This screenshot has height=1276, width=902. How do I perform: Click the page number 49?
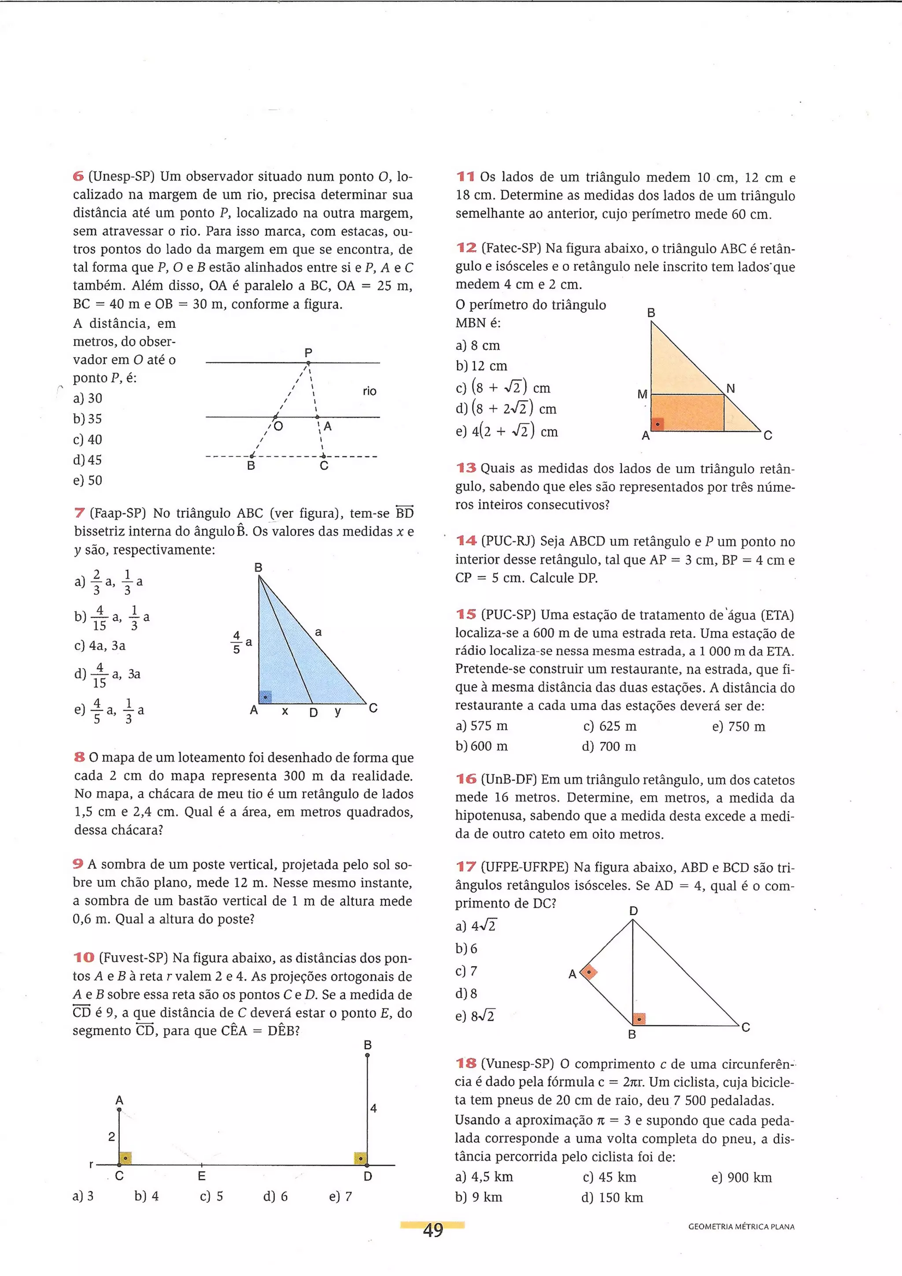tap(433, 1230)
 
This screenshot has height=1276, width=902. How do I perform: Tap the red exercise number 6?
tap(78, 177)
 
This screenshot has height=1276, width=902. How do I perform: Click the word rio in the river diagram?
tap(370, 391)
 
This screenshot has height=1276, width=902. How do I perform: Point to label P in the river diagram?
tap(308, 352)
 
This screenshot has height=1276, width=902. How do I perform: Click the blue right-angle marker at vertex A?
tap(266, 697)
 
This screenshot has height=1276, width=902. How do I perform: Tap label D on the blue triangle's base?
tap(314, 713)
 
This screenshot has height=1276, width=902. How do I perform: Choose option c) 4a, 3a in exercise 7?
tap(100, 646)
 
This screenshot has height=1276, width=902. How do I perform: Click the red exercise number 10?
tap(84, 958)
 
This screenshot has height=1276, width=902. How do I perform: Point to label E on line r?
tap(202, 1176)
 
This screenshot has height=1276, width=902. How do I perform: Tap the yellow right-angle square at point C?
tap(126, 1158)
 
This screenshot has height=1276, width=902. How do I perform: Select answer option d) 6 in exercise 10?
tap(276, 1197)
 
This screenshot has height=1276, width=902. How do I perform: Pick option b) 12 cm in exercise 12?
tap(481, 366)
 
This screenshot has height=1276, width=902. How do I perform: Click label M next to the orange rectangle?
tap(643, 395)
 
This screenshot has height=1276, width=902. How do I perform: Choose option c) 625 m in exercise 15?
tap(610, 727)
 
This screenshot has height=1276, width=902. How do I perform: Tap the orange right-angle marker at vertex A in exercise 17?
tap(588, 973)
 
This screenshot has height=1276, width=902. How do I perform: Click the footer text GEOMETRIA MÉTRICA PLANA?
tap(741, 1227)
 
